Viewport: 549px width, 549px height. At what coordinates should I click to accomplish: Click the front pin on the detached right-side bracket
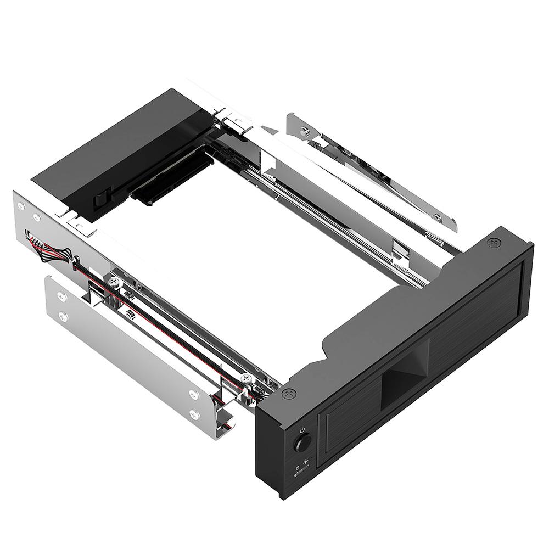438,218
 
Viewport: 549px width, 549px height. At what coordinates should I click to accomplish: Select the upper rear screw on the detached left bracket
61,296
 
